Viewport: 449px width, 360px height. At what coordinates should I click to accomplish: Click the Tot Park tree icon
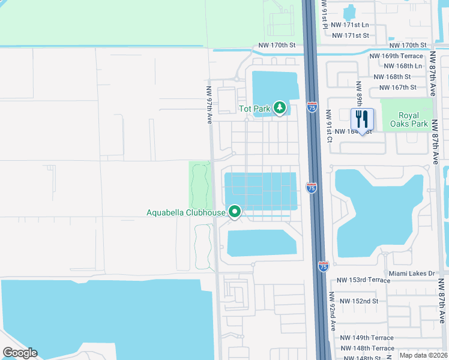[279, 108]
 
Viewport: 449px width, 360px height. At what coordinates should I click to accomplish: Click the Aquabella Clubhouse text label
[186, 212]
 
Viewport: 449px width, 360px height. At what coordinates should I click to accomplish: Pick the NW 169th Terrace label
[396, 56]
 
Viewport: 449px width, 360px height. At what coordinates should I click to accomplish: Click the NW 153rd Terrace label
[363, 280]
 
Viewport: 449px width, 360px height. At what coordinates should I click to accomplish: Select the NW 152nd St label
[358, 301]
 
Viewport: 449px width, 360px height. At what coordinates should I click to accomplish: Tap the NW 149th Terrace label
[366, 338]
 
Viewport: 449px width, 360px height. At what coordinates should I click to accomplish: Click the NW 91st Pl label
[324, 13]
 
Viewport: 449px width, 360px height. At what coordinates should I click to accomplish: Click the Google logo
[20, 353]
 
